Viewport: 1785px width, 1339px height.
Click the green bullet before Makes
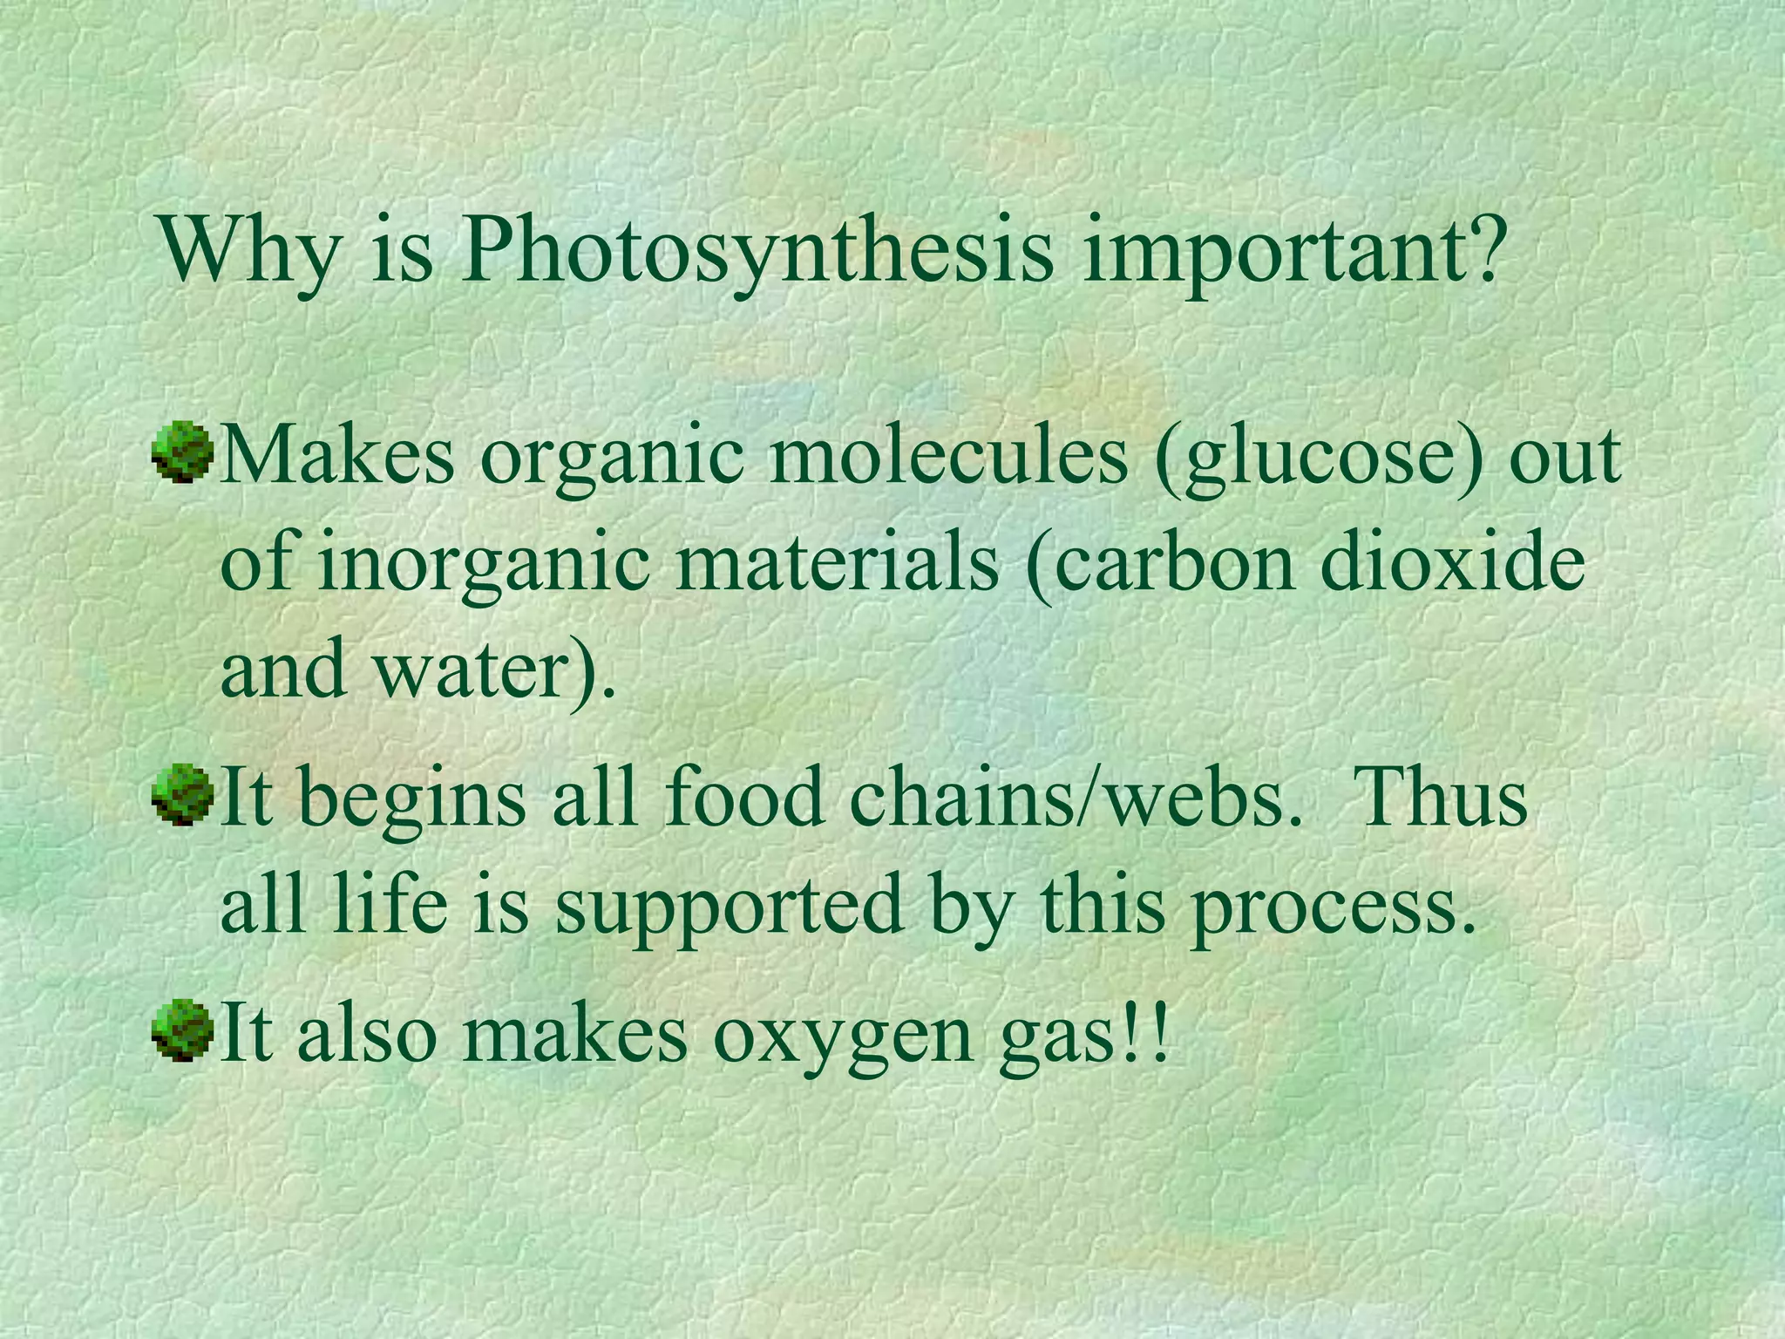182,452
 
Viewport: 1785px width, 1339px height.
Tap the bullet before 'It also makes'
182,1030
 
